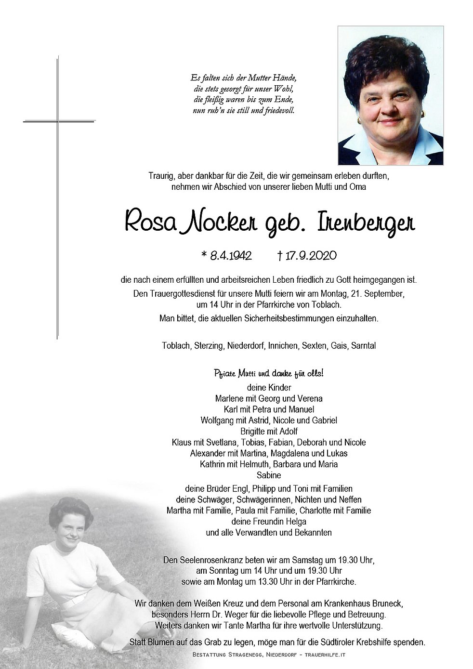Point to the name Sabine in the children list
[x=269, y=475]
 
